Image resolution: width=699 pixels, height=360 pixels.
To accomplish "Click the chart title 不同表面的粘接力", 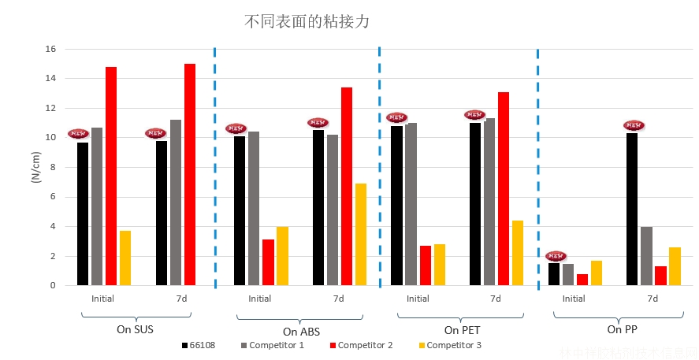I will click(307, 22).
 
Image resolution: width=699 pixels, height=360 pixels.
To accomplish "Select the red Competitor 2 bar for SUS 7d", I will click(190, 174).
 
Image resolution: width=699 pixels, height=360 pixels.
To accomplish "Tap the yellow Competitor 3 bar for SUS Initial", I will click(125, 258).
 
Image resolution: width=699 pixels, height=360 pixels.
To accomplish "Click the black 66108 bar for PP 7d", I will click(632, 209).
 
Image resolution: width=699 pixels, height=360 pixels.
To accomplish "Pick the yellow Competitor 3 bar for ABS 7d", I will click(361, 234).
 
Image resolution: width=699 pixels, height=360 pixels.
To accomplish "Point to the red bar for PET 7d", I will click(504, 188).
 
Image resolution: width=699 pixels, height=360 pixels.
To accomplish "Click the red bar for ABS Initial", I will click(268, 262).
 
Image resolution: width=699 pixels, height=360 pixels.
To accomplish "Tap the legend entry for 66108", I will click(198, 345).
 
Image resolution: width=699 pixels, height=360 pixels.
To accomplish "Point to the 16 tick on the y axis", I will click(50, 49).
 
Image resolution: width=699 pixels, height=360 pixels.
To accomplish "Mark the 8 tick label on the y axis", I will click(53, 167).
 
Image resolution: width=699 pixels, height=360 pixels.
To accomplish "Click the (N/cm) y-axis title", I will click(35, 167).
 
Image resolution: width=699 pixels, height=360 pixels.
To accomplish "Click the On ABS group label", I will click(301, 332).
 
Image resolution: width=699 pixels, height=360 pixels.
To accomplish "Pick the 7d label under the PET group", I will click(495, 299).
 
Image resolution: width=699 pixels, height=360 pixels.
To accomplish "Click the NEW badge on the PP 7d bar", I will click(634, 125).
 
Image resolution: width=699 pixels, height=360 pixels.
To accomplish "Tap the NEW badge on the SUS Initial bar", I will click(79, 134).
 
